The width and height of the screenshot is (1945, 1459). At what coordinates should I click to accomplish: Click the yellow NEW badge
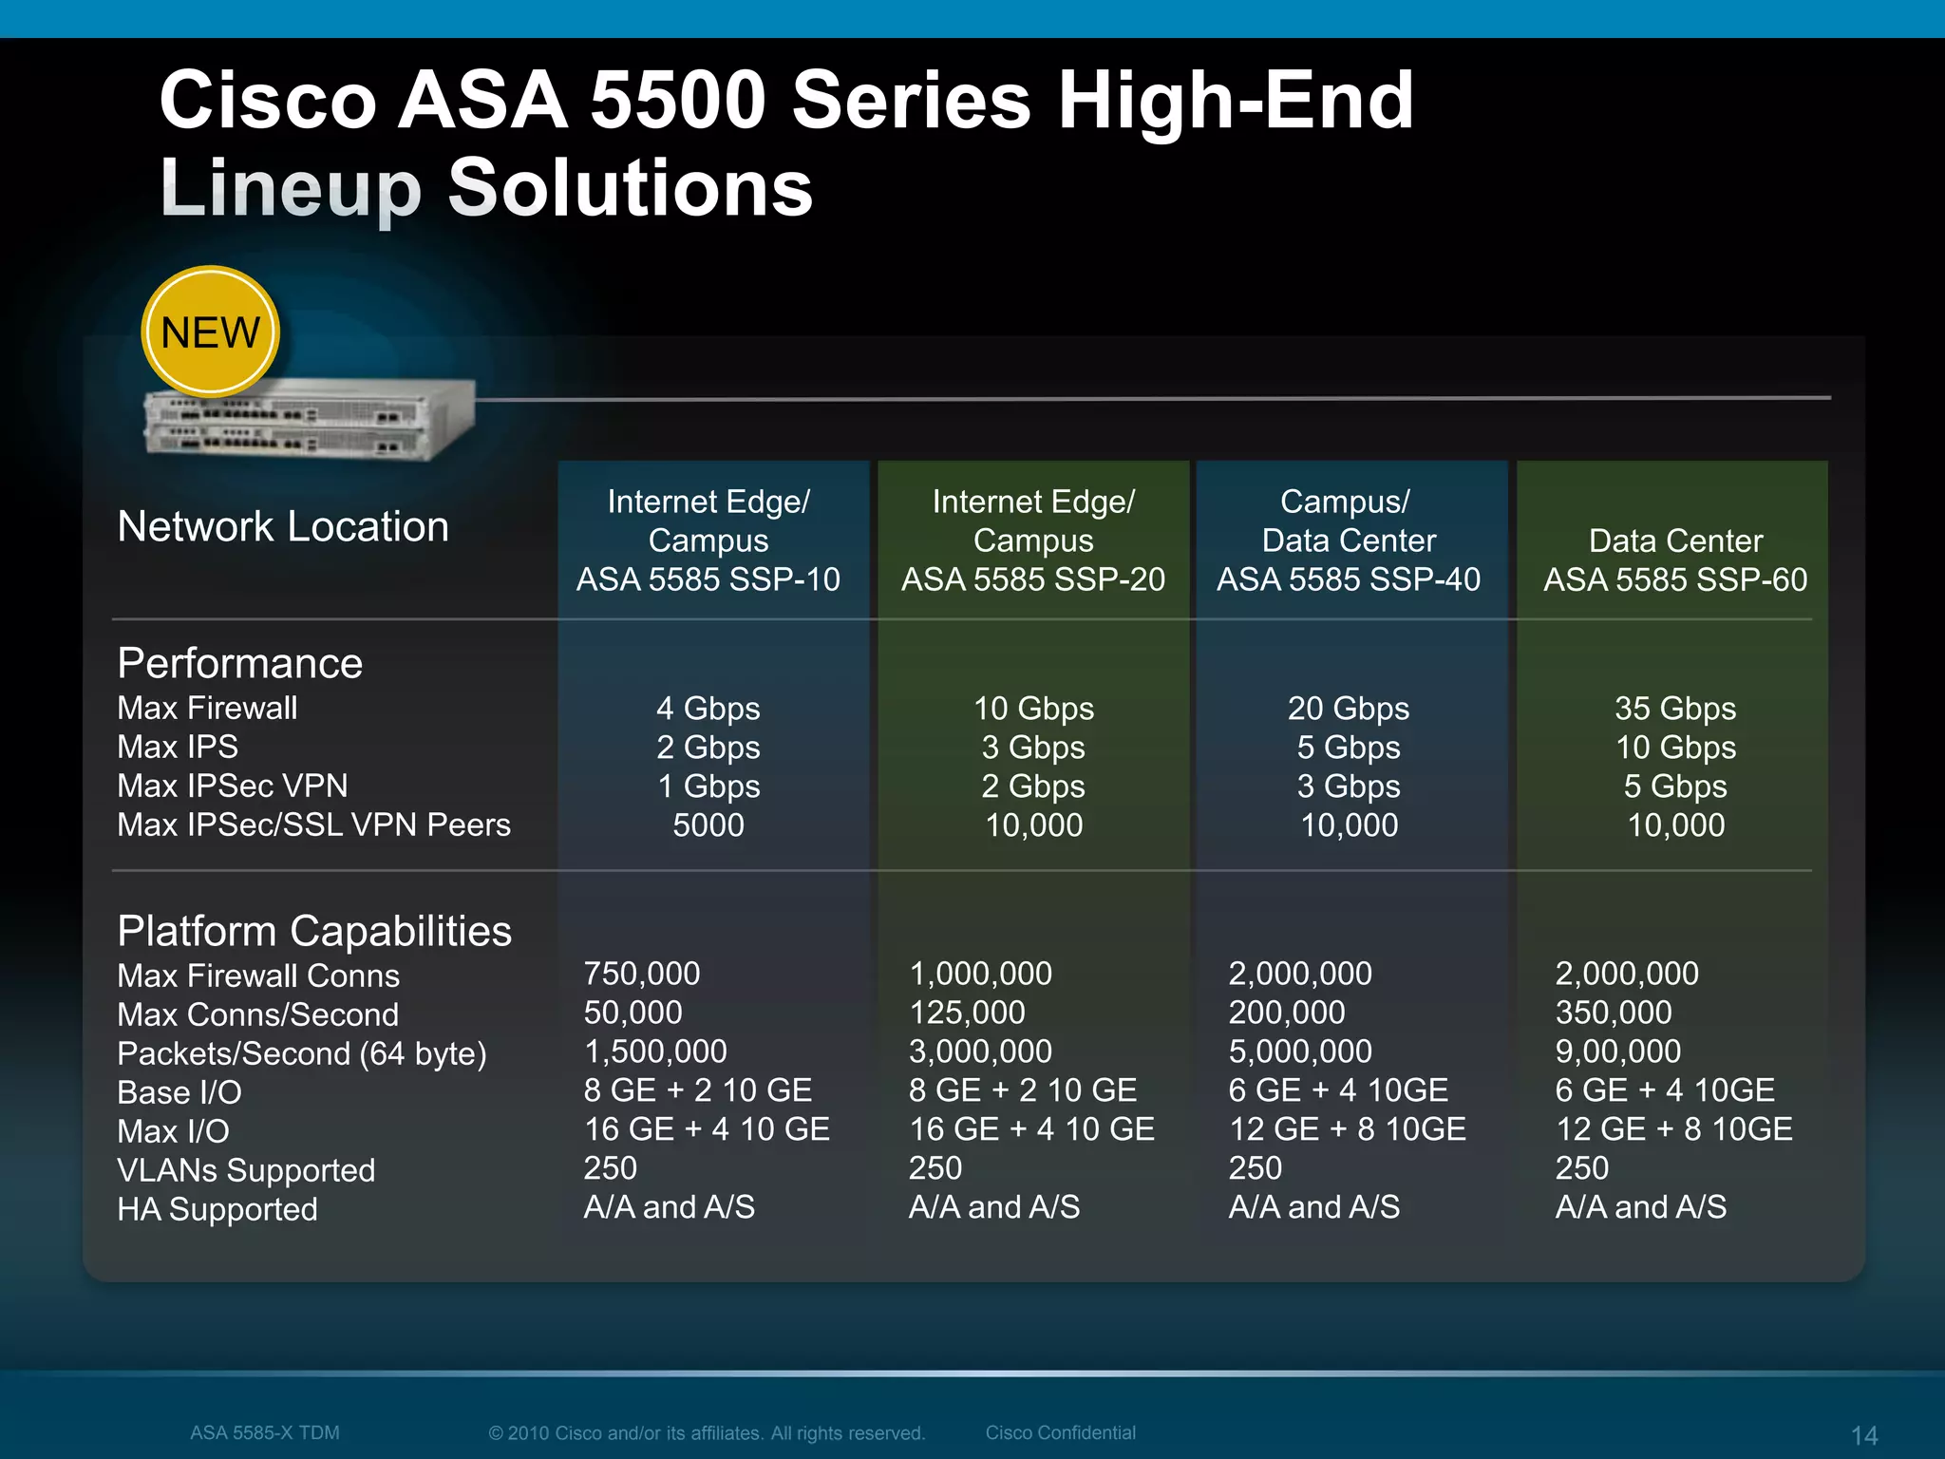point(210,332)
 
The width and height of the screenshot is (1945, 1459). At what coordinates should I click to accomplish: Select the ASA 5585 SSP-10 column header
point(708,578)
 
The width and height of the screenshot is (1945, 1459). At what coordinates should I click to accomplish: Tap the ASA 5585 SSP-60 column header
point(1675,578)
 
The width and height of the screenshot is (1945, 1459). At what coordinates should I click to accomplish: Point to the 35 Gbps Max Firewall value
point(1675,709)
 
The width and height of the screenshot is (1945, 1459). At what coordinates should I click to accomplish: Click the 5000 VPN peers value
point(708,824)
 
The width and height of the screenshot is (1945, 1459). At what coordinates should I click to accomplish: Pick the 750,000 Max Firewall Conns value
point(642,974)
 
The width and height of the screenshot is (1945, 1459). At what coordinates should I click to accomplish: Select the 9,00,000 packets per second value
point(1618,1052)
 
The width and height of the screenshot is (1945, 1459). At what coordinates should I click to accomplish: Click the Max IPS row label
point(178,748)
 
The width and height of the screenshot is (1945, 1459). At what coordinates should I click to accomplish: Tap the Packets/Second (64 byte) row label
point(302,1053)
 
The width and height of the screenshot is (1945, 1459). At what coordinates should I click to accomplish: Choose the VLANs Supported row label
point(246,1170)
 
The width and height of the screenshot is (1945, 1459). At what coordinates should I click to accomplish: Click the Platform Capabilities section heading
point(314,931)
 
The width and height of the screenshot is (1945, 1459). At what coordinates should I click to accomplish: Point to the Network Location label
point(283,526)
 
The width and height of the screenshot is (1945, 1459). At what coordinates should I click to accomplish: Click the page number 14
point(1864,1435)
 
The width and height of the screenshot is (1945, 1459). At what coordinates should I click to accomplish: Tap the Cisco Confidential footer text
point(1060,1432)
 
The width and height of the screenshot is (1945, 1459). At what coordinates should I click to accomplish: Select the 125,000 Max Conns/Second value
point(968,1013)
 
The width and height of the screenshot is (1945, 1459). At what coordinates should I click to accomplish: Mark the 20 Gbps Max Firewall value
point(1349,709)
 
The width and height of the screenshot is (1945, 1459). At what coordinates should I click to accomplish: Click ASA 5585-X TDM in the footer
point(265,1432)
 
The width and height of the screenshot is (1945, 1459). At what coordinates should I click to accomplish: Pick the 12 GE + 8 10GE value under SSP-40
point(1348,1129)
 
